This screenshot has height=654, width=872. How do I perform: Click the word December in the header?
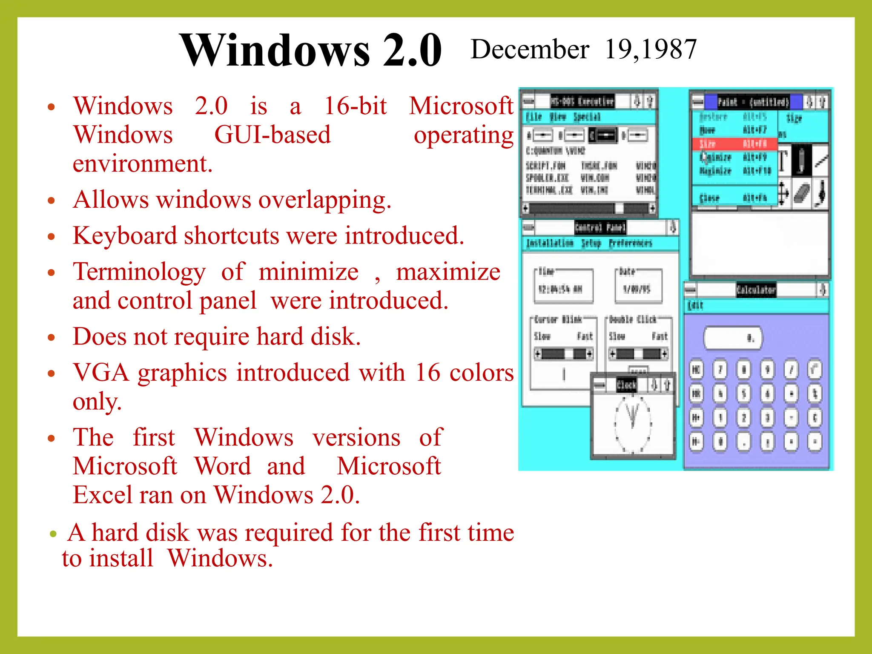[x=530, y=49]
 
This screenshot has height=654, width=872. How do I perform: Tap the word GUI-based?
[x=272, y=135]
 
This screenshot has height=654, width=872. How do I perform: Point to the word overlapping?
[x=324, y=200]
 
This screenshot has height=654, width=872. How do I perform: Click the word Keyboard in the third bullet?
[x=125, y=235]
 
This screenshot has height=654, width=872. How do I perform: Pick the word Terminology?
[x=139, y=272]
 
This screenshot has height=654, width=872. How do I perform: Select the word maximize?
[x=448, y=272]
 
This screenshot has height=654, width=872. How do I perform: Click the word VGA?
[x=101, y=373]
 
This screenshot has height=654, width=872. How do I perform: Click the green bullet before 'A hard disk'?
[x=53, y=534]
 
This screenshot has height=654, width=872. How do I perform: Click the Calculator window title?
[x=756, y=290]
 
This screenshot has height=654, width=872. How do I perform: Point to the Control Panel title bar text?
[x=600, y=227]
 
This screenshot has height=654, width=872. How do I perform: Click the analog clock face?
[x=633, y=424]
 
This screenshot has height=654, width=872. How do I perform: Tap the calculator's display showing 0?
[x=733, y=338]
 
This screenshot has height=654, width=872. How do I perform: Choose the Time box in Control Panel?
[x=564, y=286]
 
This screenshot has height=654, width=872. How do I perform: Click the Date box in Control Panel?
[x=638, y=286]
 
